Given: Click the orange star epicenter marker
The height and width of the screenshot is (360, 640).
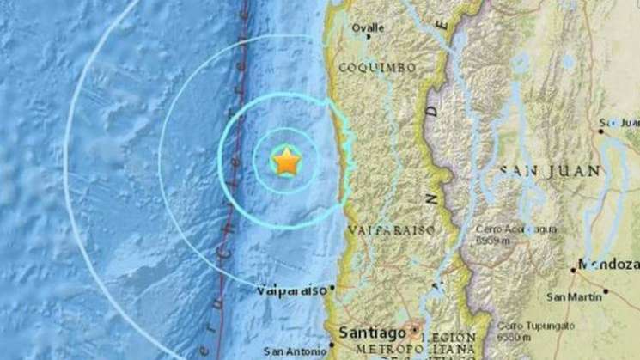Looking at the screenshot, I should coord(286,161).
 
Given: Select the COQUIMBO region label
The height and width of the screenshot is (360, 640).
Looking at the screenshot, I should coord(377,67).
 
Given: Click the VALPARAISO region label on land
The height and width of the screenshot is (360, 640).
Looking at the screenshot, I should coord(392,230).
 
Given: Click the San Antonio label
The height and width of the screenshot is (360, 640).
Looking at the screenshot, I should coord(295,351).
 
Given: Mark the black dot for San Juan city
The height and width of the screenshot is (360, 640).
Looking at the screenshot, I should coord(600,130).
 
